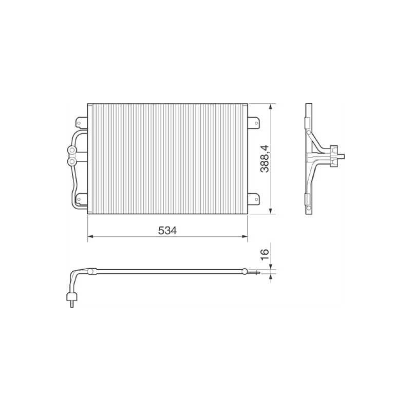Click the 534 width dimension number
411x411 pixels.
coord(167,231)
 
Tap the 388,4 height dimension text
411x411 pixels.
coord(264,158)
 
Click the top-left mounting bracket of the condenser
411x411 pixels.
coord(82,122)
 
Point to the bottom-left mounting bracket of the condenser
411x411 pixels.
coord(82,198)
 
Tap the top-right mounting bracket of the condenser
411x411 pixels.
coord(254,122)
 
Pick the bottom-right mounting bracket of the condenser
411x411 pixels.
coord(254,198)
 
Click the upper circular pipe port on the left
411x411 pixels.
coord(72,151)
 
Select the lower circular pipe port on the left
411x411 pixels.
coord(72,162)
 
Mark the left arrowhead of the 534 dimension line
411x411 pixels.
coord(90,237)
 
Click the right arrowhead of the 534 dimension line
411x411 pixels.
coord(245,237)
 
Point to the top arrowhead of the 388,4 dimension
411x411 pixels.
coord(271,106)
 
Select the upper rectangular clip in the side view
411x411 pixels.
coord(307,123)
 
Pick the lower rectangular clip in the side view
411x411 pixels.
coord(307,198)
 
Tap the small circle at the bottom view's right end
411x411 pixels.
coord(245,272)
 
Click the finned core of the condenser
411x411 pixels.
coord(167,158)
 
